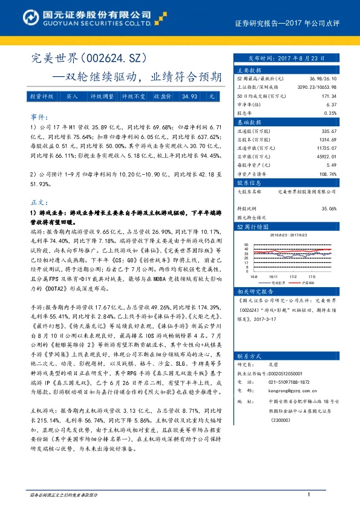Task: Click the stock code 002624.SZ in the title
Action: click(111, 59)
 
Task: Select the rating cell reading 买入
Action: click(72, 96)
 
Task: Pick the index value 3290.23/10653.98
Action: click(316, 87)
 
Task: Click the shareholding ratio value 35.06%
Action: click(328, 207)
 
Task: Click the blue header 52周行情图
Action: click(249, 226)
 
